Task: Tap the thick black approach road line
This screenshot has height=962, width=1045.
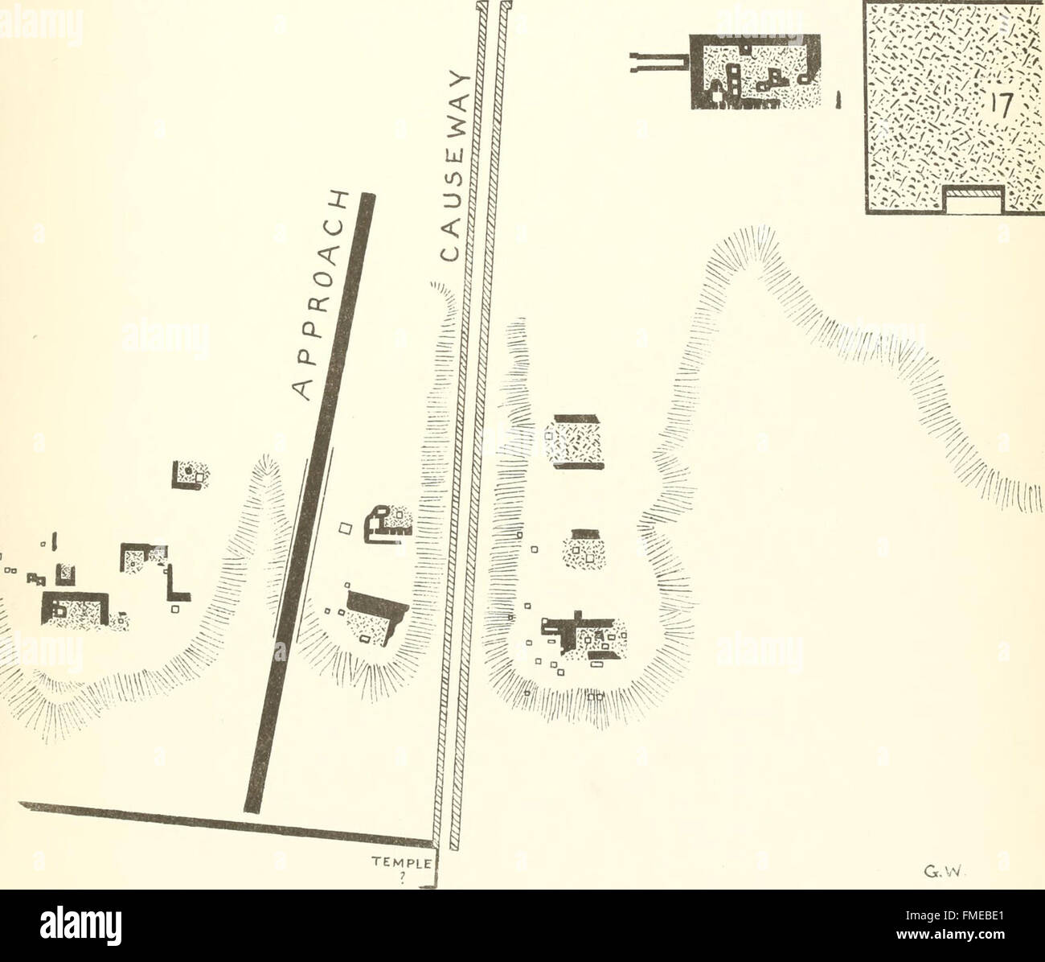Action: (309, 499)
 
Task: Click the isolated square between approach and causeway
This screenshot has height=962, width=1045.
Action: (344, 528)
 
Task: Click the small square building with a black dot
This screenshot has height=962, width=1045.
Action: (191, 474)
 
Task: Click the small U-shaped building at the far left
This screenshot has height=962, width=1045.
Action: (65, 573)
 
